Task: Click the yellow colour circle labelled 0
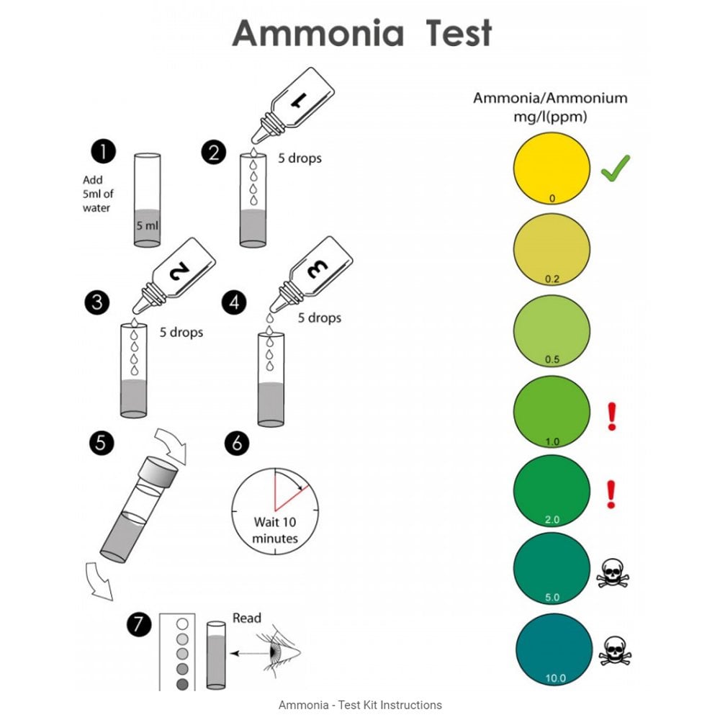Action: [552, 169]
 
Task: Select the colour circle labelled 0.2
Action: [552, 248]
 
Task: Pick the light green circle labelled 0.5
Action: [552, 329]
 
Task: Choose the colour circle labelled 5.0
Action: [552, 569]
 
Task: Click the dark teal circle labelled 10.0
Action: [552, 648]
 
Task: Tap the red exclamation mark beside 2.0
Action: [611, 495]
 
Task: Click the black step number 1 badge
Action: [104, 153]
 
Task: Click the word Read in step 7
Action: [247, 618]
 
